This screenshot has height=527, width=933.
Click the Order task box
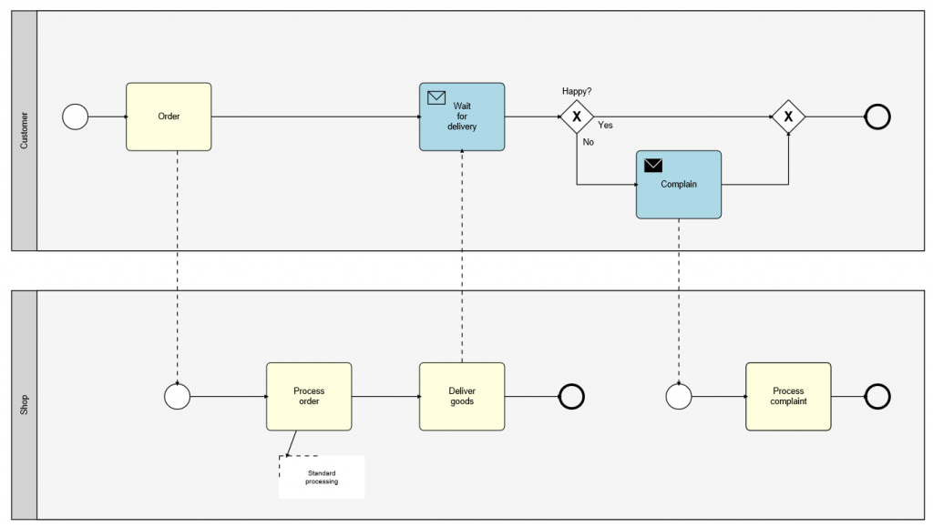tap(169, 117)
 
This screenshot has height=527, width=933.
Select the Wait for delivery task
tap(461, 117)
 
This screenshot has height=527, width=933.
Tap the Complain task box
tap(678, 185)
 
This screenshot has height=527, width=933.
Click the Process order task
tap(309, 396)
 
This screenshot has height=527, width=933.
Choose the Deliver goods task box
tap(461, 396)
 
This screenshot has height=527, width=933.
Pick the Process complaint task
tap(788, 396)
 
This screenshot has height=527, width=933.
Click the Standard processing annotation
tap(322, 477)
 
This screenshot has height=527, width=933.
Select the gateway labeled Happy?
tap(577, 117)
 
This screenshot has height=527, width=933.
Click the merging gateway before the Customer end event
tap(788, 117)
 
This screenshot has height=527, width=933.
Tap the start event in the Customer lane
tap(76, 117)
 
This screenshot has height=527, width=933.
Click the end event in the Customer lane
tap(877, 117)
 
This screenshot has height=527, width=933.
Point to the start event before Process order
tap(177, 396)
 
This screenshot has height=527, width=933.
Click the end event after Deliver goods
tap(570, 396)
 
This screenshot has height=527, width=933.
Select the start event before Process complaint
tap(679, 396)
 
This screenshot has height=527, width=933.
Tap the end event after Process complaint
tap(877, 396)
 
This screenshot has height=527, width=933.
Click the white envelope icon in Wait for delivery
tap(436, 97)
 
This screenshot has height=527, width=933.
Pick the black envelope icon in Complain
tap(653, 165)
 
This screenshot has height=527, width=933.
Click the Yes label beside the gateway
tap(605, 126)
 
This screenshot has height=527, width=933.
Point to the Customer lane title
tap(24, 130)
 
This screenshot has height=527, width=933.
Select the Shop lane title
tap(24, 405)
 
